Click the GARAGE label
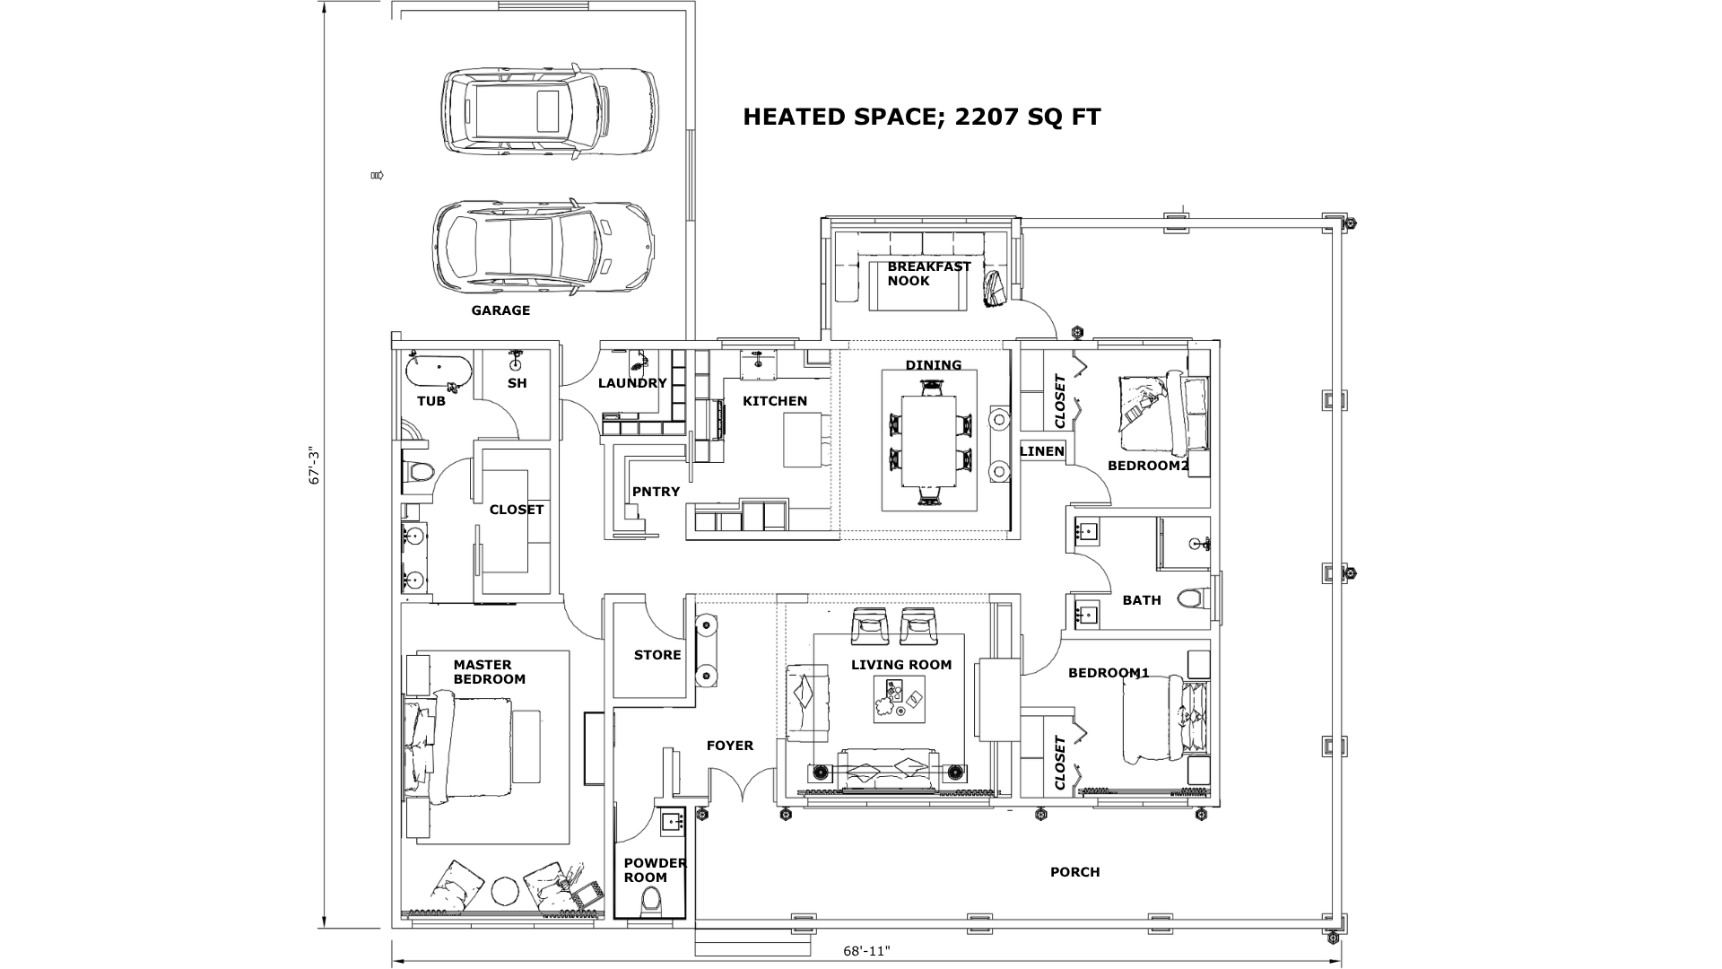(x=500, y=310)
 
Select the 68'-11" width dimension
(x=866, y=951)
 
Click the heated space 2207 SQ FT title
(x=921, y=117)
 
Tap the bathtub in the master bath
(x=439, y=370)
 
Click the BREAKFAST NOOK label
(x=928, y=274)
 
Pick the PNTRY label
(x=656, y=492)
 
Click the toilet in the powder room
(x=652, y=900)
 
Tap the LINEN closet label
(x=1042, y=451)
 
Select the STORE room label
(x=657, y=655)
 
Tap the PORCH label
(x=1074, y=872)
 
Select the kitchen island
(x=803, y=440)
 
